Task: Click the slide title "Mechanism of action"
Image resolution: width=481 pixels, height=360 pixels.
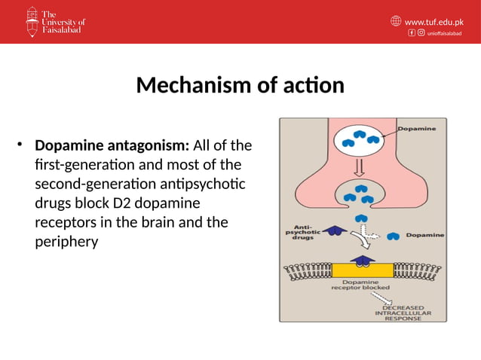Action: coord(240,85)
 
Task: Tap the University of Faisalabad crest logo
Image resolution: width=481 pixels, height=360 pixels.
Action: coord(32,22)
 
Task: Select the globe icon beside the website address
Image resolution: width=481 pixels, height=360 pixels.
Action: coord(397,21)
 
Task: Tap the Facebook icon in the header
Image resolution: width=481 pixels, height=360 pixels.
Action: coord(412,33)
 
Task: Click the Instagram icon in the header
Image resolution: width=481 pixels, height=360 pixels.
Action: coord(420,33)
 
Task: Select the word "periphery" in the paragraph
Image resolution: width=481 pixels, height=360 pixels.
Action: coord(66,243)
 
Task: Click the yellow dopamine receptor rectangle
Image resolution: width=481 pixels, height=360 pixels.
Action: coord(362,270)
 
